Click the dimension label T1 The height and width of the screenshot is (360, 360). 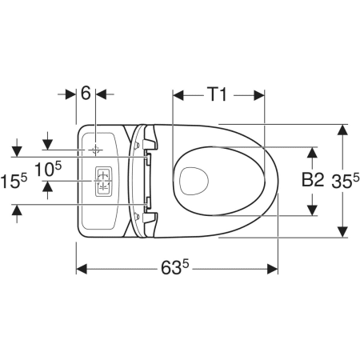tap(218, 94)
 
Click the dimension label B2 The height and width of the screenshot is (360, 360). tap(313, 179)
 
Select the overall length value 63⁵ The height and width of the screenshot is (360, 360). tap(175, 267)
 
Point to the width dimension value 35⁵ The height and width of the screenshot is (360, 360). tap(346, 181)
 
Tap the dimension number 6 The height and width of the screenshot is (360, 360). tap(86, 94)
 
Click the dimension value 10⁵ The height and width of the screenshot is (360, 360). tap(48, 169)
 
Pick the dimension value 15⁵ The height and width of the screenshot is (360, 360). tap(14, 181)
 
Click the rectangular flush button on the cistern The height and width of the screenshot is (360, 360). tap(103, 182)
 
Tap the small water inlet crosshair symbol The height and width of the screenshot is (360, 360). tap(95, 150)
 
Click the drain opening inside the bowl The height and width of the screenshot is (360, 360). tap(194, 181)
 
